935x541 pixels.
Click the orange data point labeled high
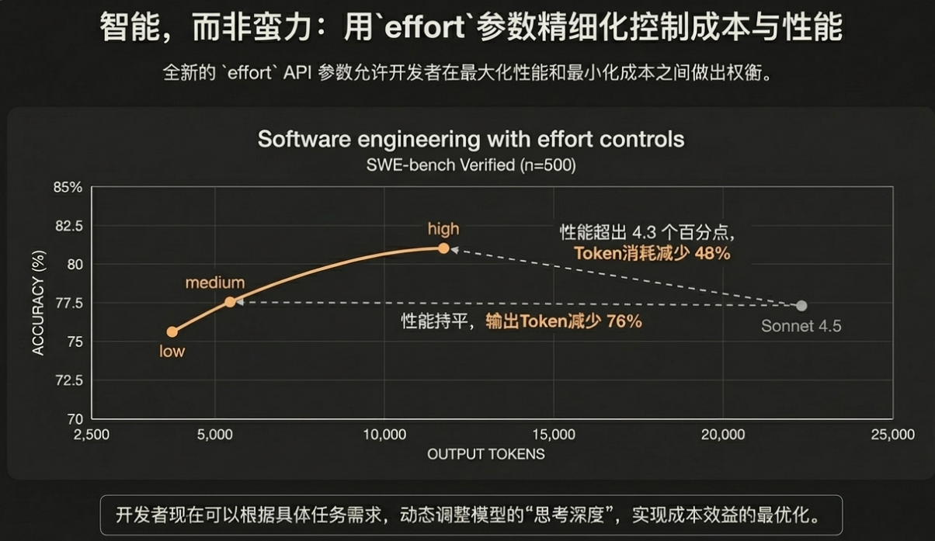[443, 248]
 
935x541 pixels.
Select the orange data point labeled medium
[230, 301]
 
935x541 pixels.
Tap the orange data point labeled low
[172, 332]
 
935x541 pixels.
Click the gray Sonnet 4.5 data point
[801, 306]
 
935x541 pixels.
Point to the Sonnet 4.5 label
[801, 327]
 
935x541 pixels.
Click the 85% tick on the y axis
[68, 188]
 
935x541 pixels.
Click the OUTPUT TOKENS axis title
[486, 454]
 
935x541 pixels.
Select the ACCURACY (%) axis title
[37, 303]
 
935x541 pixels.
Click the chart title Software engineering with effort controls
[471, 139]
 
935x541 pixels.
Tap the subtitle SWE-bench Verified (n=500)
[471, 165]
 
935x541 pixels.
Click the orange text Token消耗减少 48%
[652, 253]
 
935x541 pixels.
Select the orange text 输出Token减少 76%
[564, 321]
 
